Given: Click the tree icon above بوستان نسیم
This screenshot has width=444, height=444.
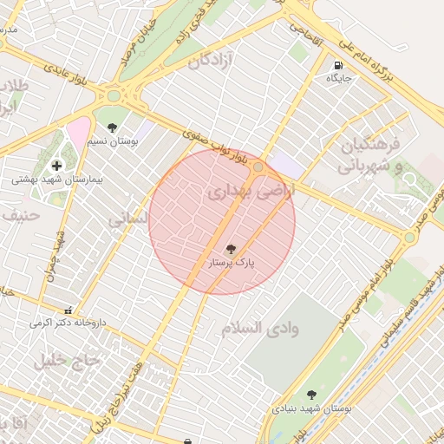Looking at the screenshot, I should pos(112,127).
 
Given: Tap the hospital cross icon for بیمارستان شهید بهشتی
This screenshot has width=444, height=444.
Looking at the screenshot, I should pos(57,165).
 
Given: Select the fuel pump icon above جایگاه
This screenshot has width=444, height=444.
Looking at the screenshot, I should pos(337,65).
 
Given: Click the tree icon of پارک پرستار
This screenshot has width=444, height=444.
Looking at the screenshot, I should pos(230,248).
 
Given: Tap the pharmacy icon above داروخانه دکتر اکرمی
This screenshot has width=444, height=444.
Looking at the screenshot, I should pos(68,310).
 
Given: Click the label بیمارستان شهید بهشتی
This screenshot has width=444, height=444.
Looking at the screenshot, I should pos(57,180).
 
